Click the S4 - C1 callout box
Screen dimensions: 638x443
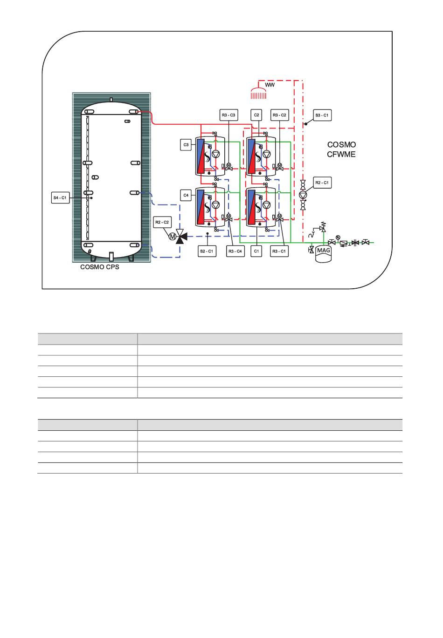[60, 198]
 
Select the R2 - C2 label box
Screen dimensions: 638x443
[162, 222]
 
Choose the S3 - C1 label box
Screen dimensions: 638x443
[322, 115]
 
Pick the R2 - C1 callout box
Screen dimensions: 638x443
[322, 183]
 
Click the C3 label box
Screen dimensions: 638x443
[186, 145]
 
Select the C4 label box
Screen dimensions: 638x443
[186, 195]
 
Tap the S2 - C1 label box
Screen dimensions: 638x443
[207, 251]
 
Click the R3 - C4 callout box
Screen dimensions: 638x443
[235, 251]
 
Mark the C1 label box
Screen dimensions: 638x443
[256, 251]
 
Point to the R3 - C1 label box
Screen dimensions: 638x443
[279, 251]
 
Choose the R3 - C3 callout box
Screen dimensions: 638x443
[228, 115]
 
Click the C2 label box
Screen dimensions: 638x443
[256, 115]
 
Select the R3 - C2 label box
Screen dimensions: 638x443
[279, 115]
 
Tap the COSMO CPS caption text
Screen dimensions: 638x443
[99, 267]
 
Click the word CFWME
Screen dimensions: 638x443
[341, 154]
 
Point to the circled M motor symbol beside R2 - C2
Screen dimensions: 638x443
[173, 237]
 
